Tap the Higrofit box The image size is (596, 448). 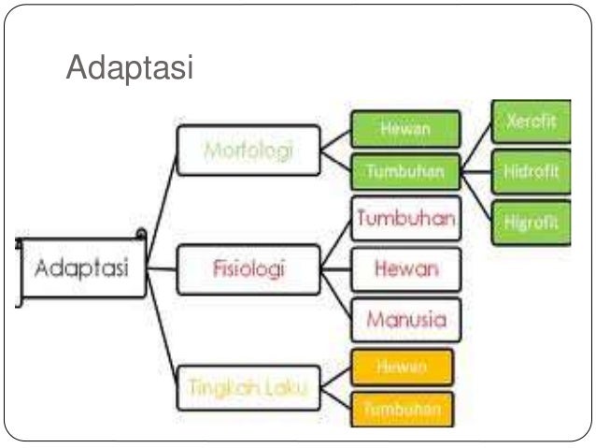point(530,224)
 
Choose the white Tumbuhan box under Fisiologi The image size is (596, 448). point(405,219)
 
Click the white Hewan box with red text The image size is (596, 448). point(405,269)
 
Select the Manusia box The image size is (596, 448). point(405,320)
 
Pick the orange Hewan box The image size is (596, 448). point(402,368)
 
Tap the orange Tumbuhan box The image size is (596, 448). point(402,409)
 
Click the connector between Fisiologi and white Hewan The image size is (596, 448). point(333,269)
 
